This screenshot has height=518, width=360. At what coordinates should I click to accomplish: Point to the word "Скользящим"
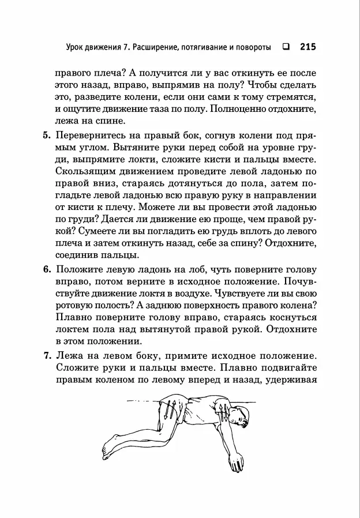(85, 172)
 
